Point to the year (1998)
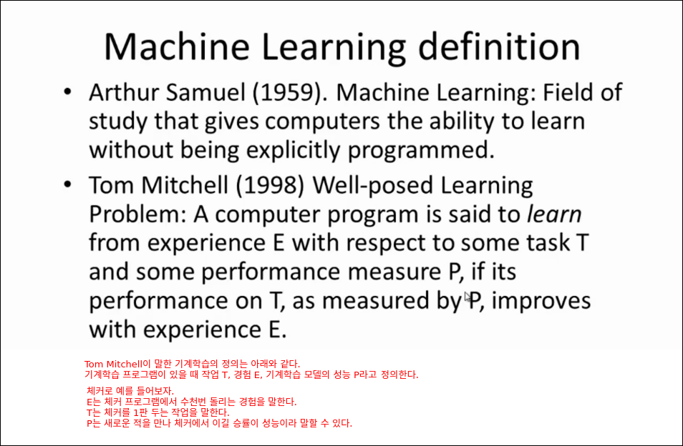[x=271, y=186]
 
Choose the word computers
[x=322, y=122]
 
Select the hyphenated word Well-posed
[x=372, y=186]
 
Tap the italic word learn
[x=554, y=214]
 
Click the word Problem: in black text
[x=138, y=214]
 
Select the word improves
[x=541, y=301]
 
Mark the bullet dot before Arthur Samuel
[x=67, y=91]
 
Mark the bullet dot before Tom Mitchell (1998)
[x=67, y=184]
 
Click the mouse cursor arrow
[x=468, y=297]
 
